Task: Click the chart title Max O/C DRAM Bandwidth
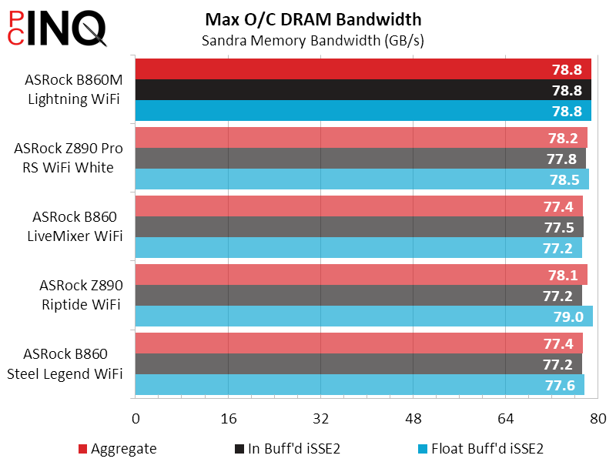coord(313,18)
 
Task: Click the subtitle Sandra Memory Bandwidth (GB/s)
coord(313,40)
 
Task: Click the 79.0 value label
coord(567,317)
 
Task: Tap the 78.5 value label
coord(563,180)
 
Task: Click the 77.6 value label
coord(560,385)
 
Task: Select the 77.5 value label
coord(559,227)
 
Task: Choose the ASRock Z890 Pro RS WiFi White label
coord(68,158)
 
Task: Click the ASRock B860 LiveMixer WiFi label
coord(75,227)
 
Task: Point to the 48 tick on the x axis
coord(413,418)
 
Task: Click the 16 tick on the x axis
coord(228,418)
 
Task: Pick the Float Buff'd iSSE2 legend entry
coord(481,448)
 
